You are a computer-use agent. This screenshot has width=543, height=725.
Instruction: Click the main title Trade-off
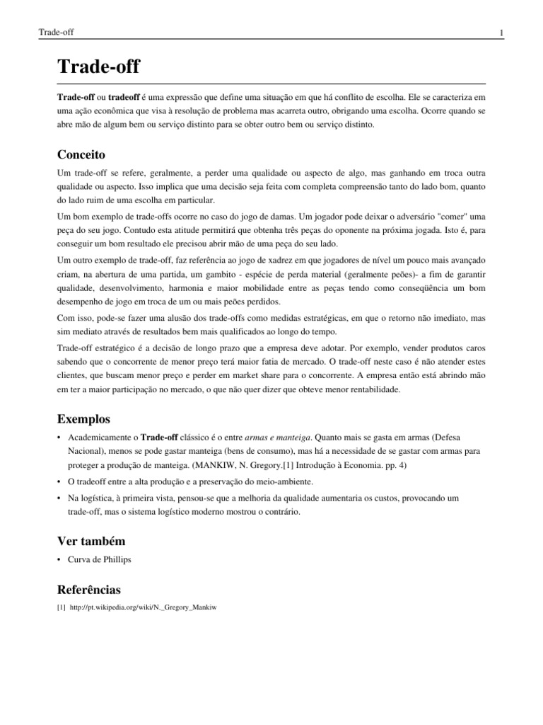pyautogui.click(x=98, y=67)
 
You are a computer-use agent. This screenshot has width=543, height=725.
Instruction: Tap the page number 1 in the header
pyautogui.click(x=501, y=33)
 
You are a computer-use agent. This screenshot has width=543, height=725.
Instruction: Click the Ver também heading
pyautogui.click(x=91, y=541)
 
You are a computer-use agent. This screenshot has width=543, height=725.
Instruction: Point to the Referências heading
pyautogui.click(x=88, y=589)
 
